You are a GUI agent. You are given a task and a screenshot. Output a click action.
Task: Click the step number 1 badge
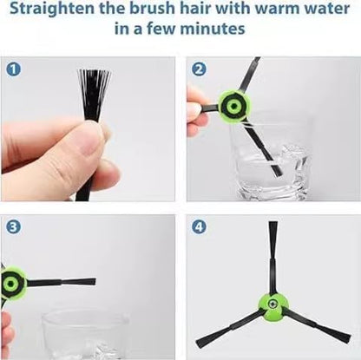point(13,70)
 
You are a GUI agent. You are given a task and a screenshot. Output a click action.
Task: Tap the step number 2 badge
point(200,70)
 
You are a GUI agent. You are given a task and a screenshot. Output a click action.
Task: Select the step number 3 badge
point(13,227)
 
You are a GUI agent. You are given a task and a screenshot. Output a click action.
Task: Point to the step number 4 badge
point(200,227)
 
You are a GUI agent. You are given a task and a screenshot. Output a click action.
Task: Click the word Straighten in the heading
point(52,10)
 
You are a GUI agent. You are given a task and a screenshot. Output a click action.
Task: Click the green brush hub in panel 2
point(233,106)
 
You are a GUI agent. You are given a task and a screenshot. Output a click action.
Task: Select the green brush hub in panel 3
point(13,282)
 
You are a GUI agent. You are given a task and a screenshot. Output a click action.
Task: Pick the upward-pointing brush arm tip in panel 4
point(273,232)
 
